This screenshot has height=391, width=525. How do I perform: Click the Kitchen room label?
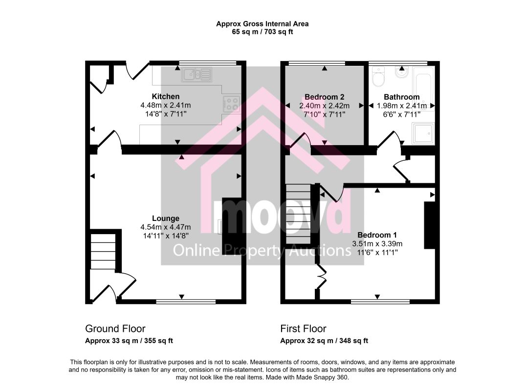pos(166,96)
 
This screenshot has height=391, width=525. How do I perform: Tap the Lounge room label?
pos(166,218)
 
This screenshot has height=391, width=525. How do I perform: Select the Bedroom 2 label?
pos(325,97)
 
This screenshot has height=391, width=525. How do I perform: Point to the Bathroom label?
pos(402,97)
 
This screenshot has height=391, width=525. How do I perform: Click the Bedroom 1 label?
pos(377,235)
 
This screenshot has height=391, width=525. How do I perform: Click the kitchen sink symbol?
pos(197,75)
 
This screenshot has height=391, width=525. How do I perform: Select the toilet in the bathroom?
pos(379,76)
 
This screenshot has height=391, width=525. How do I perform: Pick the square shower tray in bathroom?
pos(423,133)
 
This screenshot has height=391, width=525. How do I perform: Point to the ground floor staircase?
pos(103,251)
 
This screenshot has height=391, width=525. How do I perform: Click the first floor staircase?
pos(298,214)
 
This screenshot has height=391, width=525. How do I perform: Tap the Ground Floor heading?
pos(115,329)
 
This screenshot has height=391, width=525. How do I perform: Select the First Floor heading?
pos(304,329)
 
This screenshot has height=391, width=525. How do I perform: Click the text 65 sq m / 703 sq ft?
pos(262,32)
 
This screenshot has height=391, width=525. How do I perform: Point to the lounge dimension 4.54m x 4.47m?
pos(166,227)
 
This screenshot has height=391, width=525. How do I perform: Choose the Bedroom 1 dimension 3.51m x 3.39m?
pos(377,244)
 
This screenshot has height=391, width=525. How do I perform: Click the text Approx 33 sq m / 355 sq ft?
pos(129,341)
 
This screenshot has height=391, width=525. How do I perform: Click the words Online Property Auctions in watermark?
pos(262,250)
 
